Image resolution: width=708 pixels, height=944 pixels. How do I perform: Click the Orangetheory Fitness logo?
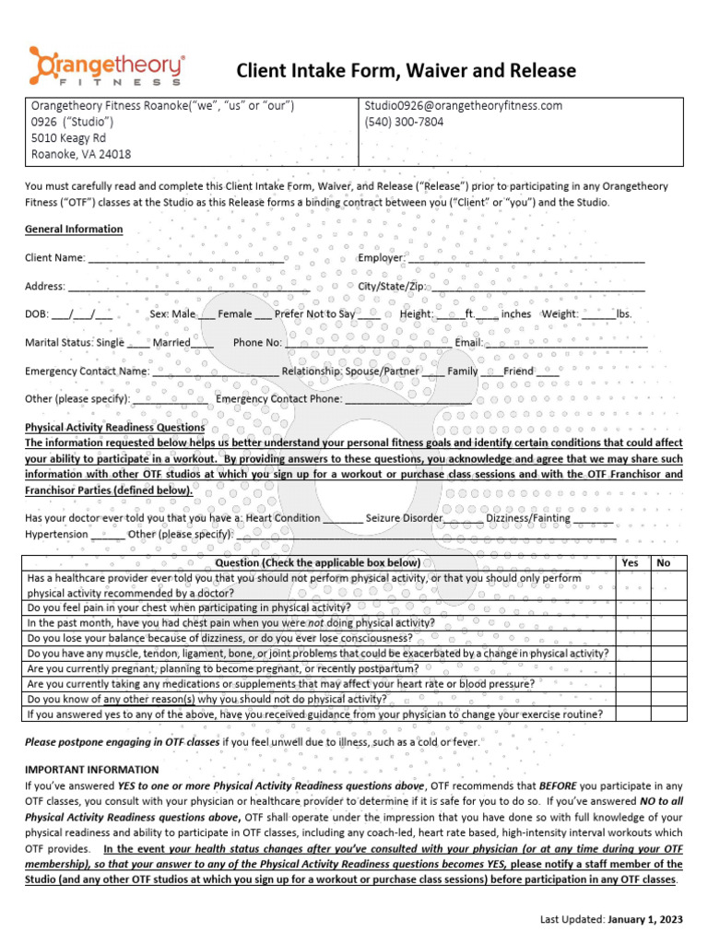107,67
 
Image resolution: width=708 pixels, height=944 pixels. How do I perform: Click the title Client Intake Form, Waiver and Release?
407,71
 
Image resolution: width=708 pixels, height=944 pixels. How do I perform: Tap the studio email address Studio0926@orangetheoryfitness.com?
464,106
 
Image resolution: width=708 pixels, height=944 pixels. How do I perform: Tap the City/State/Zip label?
391,287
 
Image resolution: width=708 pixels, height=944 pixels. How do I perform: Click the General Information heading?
74,230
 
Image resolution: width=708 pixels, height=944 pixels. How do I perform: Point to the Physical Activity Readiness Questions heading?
114,428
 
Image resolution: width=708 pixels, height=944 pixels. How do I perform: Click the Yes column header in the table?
631,562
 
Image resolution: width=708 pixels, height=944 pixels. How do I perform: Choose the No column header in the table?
664,562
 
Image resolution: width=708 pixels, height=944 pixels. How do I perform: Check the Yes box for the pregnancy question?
631,668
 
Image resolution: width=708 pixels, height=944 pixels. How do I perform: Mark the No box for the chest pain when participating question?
664,608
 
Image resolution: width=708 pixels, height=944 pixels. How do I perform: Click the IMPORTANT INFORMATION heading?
91,770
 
